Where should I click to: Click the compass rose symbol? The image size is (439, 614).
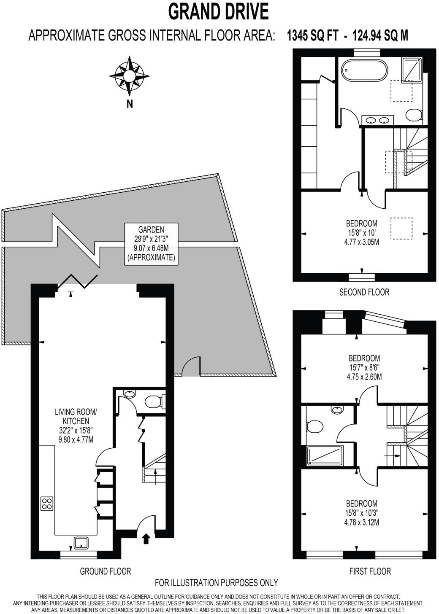(x=129, y=76)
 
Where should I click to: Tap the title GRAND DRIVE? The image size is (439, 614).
(x=218, y=11)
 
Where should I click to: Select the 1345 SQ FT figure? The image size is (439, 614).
(x=312, y=35)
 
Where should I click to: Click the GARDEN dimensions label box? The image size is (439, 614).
(x=151, y=243)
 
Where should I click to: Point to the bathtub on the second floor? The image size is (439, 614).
(x=364, y=70)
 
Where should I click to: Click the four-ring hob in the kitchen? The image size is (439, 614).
(x=47, y=503)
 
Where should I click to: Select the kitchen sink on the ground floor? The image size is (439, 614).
(x=81, y=543)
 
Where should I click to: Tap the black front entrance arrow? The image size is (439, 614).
(x=146, y=539)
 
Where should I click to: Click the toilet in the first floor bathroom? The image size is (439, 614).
(x=314, y=426)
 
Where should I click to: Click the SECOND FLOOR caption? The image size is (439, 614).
(x=364, y=291)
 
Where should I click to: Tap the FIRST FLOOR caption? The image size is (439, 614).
(x=370, y=571)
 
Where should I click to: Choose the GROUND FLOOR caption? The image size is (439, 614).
(x=106, y=571)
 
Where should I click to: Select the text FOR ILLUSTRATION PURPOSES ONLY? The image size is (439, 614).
(x=216, y=583)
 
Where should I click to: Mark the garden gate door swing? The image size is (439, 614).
(x=190, y=366)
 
